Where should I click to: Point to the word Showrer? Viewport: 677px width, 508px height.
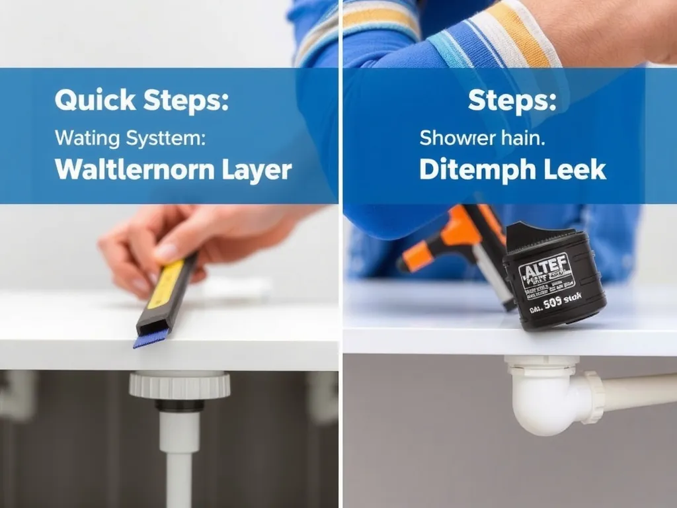coord(458,138)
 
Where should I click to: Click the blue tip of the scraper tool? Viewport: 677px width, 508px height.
coord(145,341)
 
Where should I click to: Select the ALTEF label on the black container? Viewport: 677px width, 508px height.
coord(545,271)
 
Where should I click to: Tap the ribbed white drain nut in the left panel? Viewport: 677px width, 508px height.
coord(179,385)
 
